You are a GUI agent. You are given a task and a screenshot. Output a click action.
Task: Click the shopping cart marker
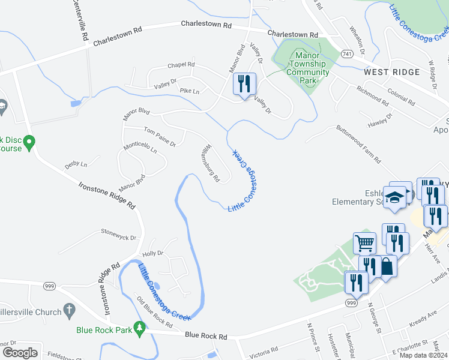tap(364, 243)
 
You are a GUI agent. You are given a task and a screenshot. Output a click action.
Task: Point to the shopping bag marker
tap(387, 266)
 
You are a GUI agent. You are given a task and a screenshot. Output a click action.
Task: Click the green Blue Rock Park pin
tap(140, 328)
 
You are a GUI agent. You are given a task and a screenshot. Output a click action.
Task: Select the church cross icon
tap(70, 311)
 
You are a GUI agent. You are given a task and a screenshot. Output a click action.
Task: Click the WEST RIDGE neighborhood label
tap(391, 72)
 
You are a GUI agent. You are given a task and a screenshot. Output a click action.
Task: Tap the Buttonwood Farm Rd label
tap(358, 144)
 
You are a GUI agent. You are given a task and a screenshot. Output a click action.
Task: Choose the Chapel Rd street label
tap(181, 64)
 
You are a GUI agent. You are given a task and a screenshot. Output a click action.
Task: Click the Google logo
tap(20, 353)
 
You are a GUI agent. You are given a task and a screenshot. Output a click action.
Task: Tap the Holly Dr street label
tap(152, 253)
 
